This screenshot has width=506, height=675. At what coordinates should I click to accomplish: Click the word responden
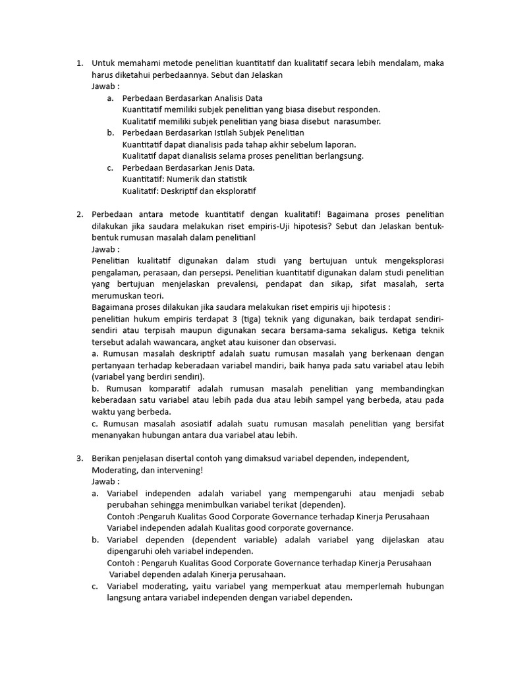[356, 109]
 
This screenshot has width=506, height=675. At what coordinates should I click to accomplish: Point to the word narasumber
[357, 121]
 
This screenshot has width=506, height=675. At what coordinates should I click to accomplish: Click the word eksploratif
[233, 191]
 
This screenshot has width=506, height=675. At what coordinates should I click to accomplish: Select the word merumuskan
[116, 296]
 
